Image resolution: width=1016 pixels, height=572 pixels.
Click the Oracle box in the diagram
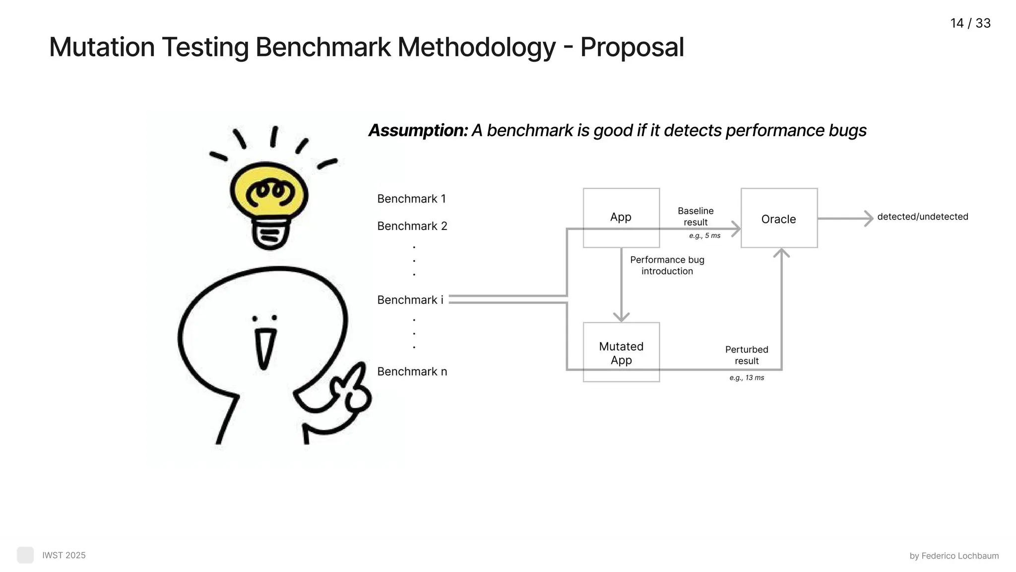(779, 218)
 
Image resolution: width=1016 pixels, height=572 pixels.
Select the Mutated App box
(621, 353)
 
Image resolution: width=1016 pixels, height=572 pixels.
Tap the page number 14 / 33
(970, 23)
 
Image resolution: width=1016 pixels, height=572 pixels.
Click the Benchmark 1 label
(411, 199)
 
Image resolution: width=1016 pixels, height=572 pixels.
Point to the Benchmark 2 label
(412, 226)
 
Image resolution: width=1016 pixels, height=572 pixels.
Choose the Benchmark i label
(410, 300)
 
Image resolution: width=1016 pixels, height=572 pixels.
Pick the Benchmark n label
(412, 371)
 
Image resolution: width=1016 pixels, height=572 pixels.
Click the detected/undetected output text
(922, 217)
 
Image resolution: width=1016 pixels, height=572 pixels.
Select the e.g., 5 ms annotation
(704, 236)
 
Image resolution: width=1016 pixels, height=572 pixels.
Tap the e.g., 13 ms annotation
(747, 378)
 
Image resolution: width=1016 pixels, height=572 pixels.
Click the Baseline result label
(696, 216)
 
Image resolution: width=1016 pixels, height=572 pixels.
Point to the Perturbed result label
(747, 355)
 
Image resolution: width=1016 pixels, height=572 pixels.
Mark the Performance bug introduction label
(667, 265)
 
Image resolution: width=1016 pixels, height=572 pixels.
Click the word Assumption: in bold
(418, 131)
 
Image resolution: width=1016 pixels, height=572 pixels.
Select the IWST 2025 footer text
(63, 555)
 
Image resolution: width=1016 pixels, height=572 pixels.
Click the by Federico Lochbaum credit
(954, 556)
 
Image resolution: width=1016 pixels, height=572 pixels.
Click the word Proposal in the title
(632, 48)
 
